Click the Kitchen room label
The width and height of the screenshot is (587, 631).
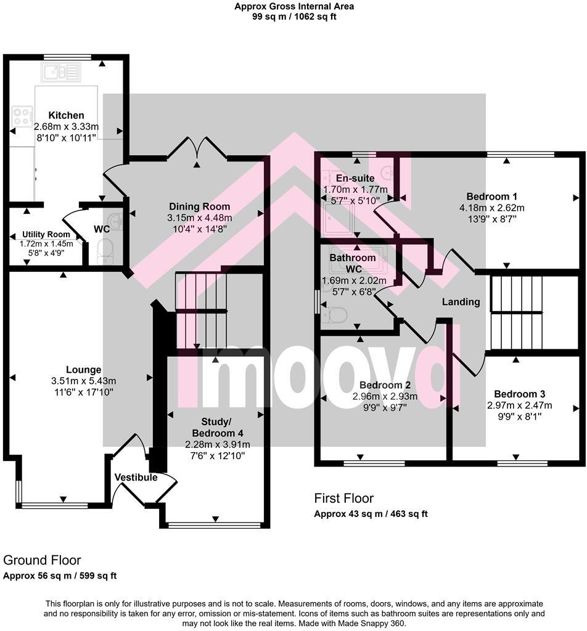pos(66,115)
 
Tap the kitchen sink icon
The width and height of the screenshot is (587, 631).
pos(62,73)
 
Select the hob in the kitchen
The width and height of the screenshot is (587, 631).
pos(23,116)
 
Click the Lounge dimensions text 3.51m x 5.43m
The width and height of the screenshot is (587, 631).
pos(84,381)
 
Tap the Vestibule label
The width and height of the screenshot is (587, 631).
pos(136,478)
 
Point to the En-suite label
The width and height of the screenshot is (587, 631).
pos(343,179)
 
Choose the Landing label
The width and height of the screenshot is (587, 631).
pos(461,302)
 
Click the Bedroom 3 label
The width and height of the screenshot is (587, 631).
pos(519,394)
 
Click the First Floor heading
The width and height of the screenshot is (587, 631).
pos(343,499)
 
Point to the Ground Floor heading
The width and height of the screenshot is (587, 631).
pos(42,560)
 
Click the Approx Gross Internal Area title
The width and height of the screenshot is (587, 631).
pos(293,7)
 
